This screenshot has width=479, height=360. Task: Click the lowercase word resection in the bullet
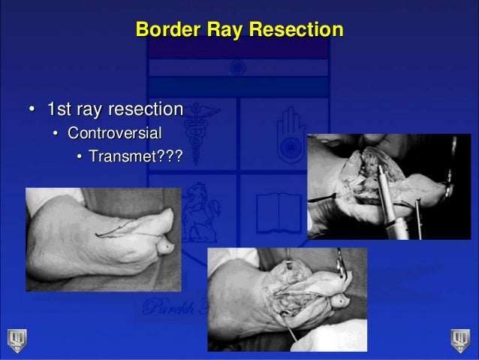pyautogui.click(x=144, y=110)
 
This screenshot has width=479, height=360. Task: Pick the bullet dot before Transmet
pyautogui.click(x=78, y=159)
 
